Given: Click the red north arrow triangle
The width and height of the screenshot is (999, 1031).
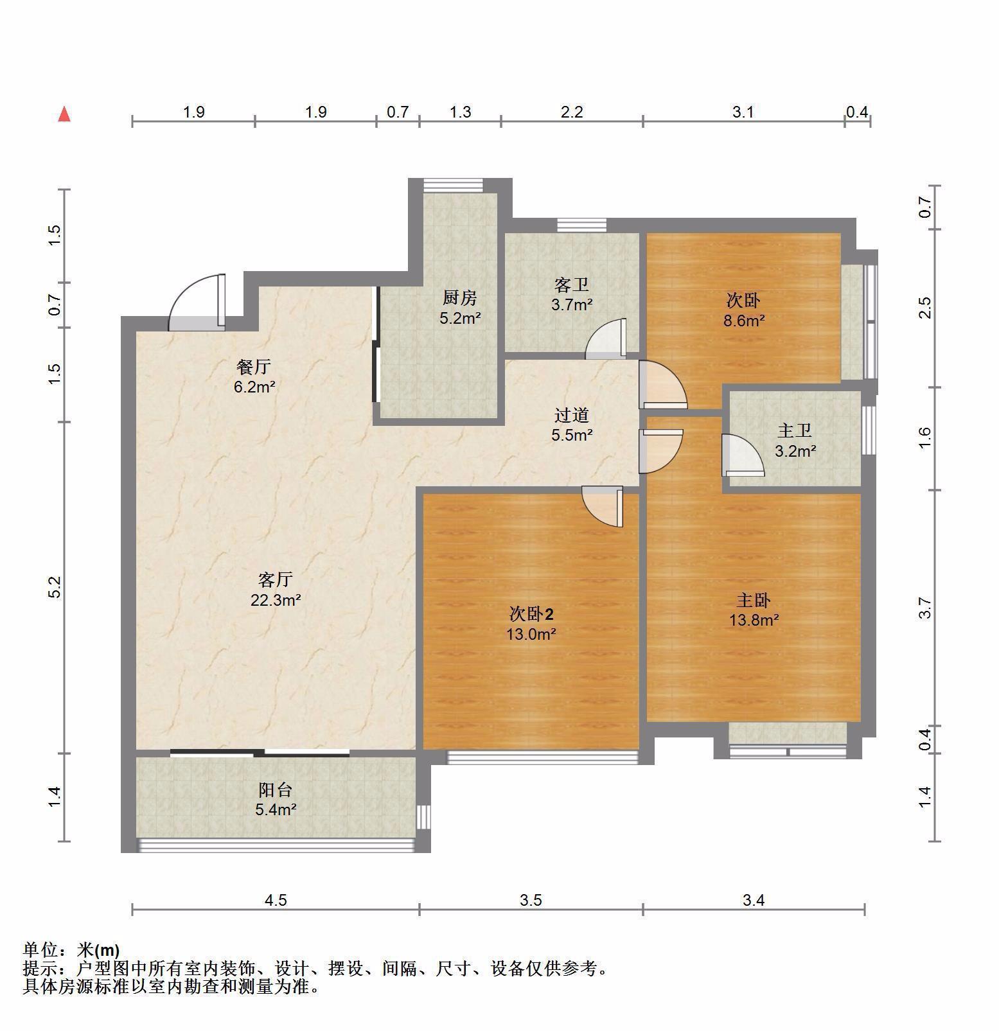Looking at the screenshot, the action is tap(64, 114).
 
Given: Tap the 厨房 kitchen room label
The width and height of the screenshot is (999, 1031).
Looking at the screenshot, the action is tap(460, 298).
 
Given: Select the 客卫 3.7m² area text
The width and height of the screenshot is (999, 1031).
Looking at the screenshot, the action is tap(572, 304).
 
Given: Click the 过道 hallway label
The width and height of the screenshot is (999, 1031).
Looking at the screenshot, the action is tap(572, 415).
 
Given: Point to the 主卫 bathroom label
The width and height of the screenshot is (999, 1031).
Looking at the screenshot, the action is tap(795, 431).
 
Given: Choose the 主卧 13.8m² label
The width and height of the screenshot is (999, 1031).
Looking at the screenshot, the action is tap(754, 610).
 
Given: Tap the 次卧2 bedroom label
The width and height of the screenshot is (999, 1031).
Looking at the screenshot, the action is tap(532, 614).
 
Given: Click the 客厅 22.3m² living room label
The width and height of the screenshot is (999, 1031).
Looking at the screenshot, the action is tap(276, 590).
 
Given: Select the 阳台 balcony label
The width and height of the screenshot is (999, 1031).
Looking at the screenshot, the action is tap(276, 789).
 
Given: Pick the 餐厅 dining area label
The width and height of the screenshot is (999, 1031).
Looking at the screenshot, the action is tap(254, 367).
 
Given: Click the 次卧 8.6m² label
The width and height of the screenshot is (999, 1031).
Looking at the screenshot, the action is tap(744, 310).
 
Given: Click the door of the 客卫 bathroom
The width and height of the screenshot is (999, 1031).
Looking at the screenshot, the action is tap(605, 338).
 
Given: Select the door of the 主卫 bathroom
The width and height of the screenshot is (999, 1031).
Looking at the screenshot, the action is tap(743, 455).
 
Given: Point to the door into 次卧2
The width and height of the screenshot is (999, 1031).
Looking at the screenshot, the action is tap(603, 507).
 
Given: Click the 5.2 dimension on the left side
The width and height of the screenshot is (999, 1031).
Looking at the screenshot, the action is tap(55, 587).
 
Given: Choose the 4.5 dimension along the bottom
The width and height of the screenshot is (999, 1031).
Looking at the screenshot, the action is tap(276, 900).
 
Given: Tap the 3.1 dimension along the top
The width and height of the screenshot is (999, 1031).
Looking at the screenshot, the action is tap(743, 112).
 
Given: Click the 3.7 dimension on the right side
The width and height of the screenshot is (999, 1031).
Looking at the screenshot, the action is tap(925, 608).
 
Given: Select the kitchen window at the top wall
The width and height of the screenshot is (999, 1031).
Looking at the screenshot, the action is tap(454, 184).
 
